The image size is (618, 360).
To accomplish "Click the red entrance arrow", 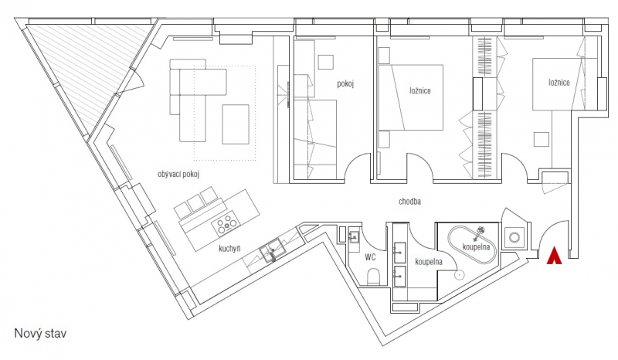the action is click(554, 256).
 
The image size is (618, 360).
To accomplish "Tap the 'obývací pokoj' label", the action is click(178, 174).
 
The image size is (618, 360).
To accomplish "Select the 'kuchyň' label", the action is click(229, 249).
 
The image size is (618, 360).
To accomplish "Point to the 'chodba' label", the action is click(409, 202).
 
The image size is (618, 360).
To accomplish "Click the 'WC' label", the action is click(370, 257).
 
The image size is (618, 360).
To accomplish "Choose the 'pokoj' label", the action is click(345, 83).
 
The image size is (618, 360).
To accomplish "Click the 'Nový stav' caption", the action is click(41, 333).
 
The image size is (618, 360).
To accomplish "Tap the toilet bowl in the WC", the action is click(373, 277).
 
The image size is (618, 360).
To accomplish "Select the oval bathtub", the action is click(472, 246).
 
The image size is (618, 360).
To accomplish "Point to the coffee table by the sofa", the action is click(236, 124).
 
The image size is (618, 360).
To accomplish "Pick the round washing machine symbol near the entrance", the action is click(514, 238).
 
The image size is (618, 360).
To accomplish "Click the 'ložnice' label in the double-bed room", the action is click(419, 90).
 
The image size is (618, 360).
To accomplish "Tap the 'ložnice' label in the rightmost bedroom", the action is click(559, 83).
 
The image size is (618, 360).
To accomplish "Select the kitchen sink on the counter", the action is click(273, 250).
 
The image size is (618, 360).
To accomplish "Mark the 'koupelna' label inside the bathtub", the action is click(476, 247).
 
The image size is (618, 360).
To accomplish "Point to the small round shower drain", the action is click(458, 274).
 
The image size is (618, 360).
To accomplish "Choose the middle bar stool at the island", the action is click(196, 202).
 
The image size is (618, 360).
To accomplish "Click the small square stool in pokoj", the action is click(326, 63).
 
